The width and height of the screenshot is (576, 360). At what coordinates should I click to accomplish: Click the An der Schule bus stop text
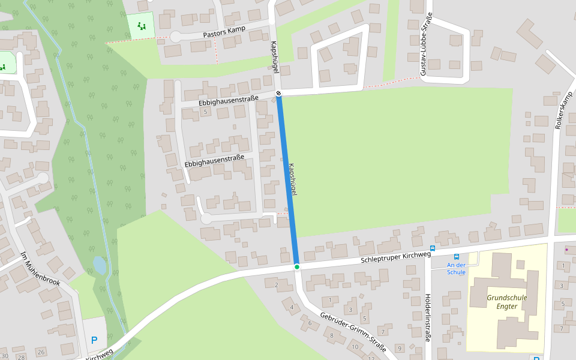click(x=456, y=268)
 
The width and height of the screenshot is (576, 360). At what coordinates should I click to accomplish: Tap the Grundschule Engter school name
click(x=502, y=302)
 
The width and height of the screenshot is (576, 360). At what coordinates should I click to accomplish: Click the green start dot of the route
click(x=296, y=266)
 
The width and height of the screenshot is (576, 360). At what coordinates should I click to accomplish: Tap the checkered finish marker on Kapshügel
click(x=278, y=94)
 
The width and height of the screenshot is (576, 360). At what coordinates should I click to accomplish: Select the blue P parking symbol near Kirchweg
click(x=94, y=340)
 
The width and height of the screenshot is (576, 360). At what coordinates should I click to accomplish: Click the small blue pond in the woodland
click(x=100, y=265)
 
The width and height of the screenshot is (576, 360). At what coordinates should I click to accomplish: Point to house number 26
click(x=41, y=352)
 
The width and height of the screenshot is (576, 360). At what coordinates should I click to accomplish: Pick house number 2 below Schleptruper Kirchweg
click(x=276, y=284)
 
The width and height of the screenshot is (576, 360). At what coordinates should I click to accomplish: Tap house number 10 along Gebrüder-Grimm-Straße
click(x=355, y=347)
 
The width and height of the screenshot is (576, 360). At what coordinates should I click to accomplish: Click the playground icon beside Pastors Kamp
click(x=142, y=26)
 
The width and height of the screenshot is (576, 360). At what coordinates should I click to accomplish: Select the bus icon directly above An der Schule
click(x=456, y=257)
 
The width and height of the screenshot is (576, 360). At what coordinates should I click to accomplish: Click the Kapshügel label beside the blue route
click(x=293, y=179)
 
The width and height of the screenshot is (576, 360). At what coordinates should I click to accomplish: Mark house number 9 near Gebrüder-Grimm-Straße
click(x=398, y=348)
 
